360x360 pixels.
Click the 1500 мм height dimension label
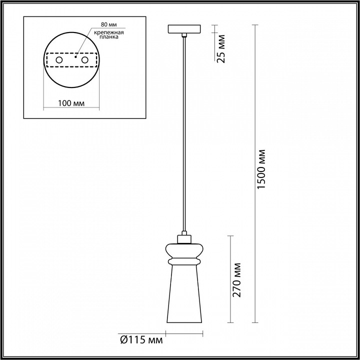click(x=261, y=169)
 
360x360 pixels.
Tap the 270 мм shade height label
click(x=236, y=280)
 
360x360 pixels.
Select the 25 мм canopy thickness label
click(x=221, y=49)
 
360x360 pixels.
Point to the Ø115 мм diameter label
click(x=141, y=339)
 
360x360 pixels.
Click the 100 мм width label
click(x=71, y=103)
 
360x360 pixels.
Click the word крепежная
click(x=109, y=32)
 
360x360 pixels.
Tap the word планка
click(x=109, y=37)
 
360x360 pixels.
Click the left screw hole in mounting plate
click(x=59, y=60)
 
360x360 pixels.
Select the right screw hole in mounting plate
click(x=84, y=60)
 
